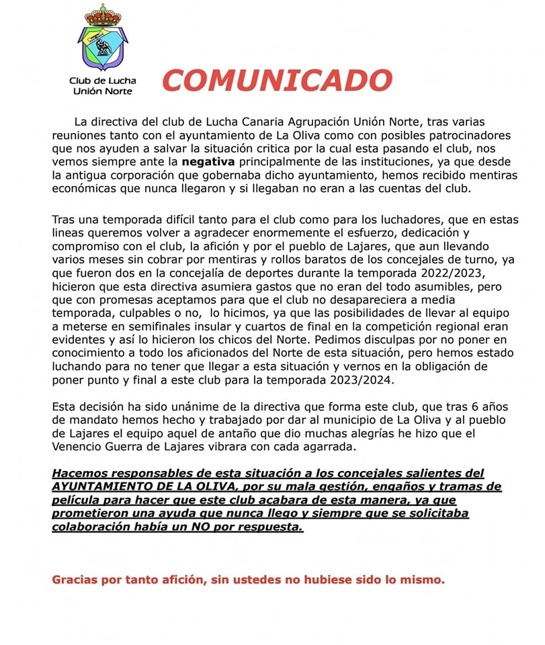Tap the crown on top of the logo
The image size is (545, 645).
point(102,15)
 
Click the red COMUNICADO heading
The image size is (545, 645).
point(277,80)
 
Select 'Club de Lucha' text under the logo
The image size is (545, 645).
point(102,81)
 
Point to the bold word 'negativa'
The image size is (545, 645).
point(208,162)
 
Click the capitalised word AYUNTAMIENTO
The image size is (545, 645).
point(106,486)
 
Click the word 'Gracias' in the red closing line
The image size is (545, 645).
point(75,579)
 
